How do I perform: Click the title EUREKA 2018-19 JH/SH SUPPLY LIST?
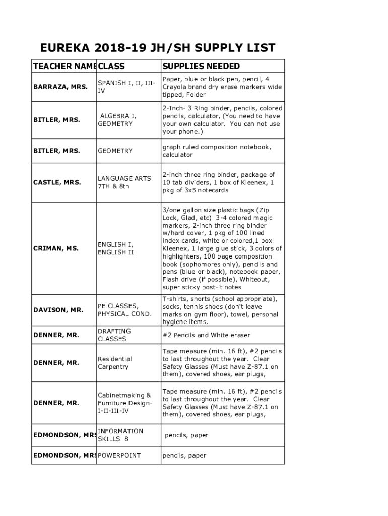click(x=158, y=48)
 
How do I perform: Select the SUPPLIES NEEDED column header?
click(x=201, y=66)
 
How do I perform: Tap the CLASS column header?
click(x=111, y=66)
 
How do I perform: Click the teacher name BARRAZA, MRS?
click(x=60, y=87)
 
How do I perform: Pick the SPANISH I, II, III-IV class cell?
click(x=126, y=87)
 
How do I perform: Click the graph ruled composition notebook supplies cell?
click(x=217, y=151)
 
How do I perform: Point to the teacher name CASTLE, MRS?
click(x=56, y=182)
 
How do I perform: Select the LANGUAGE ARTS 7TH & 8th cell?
click(x=124, y=182)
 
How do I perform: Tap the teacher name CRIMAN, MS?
click(x=55, y=248)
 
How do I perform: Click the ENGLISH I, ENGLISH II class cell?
click(x=116, y=248)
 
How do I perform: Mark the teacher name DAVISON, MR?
click(x=58, y=310)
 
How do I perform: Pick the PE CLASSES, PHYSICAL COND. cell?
click(x=124, y=310)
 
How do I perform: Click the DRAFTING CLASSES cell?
click(x=114, y=335)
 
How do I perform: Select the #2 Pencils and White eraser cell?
click(x=206, y=335)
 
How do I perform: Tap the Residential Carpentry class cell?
click(x=115, y=363)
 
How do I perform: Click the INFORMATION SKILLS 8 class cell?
click(x=120, y=435)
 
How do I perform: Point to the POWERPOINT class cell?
click(x=119, y=455)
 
